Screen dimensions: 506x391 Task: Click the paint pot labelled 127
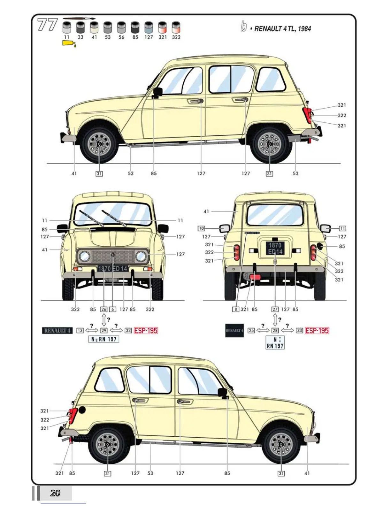(x=149, y=27)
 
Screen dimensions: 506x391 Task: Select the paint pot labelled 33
(x=80, y=27)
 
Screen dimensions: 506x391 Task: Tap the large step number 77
(x=47, y=25)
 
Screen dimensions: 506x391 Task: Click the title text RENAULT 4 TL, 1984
(x=282, y=29)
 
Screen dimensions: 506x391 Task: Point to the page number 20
(x=55, y=493)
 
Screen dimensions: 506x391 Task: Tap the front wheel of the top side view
(x=99, y=144)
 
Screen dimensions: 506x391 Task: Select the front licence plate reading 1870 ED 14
(x=112, y=269)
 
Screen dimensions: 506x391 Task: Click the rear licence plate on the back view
(x=275, y=248)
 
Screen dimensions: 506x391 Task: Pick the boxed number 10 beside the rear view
(x=201, y=228)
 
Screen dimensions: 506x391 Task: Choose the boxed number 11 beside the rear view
(x=342, y=228)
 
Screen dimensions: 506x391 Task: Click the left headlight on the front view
(x=85, y=256)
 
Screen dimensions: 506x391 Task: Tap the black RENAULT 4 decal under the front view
(x=57, y=331)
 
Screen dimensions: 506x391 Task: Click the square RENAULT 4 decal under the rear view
(x=234, y=331)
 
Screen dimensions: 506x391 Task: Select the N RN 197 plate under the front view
(x=103, y=339)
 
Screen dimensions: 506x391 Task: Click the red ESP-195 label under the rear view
(x=317, y=331)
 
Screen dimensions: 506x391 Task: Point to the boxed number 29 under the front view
(x=104, y=331)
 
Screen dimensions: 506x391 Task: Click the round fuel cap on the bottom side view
(x=82, y=410)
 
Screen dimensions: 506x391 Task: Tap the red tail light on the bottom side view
(x=73, y=416)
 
